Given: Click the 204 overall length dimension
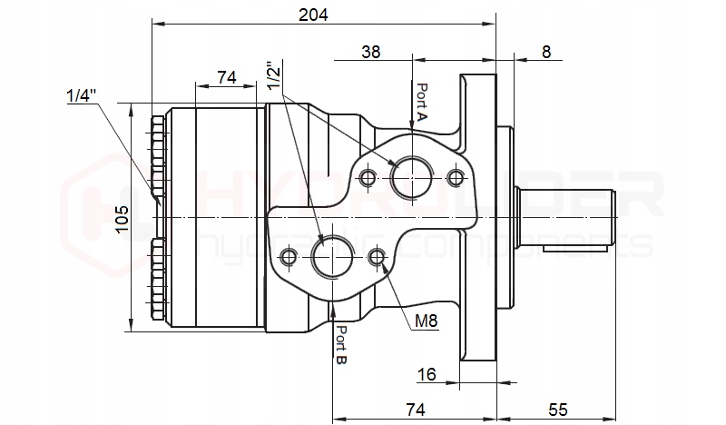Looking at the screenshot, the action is click(x=313, y=14).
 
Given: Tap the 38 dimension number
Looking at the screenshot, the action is click(x=370, y=52).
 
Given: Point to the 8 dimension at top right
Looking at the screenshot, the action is click(x=545, y=52).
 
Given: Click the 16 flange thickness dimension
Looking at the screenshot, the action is click(x=427, y=374).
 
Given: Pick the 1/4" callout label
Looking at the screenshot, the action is click(x=83, y=94).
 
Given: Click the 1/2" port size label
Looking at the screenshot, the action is click(x=276, y=74).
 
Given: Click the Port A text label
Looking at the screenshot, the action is click(x=423, y=103).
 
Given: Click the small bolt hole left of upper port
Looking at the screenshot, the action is click(x=368, y=176).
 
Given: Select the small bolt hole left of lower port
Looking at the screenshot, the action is click(x=289, y=258).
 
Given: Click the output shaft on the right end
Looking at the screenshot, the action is click(x=572, y=219).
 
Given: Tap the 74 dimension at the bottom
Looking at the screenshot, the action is click(x=415, y=410).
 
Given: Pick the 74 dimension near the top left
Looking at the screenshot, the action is click(x=227, y=78).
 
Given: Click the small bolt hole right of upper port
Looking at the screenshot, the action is click(x=456, y=175).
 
